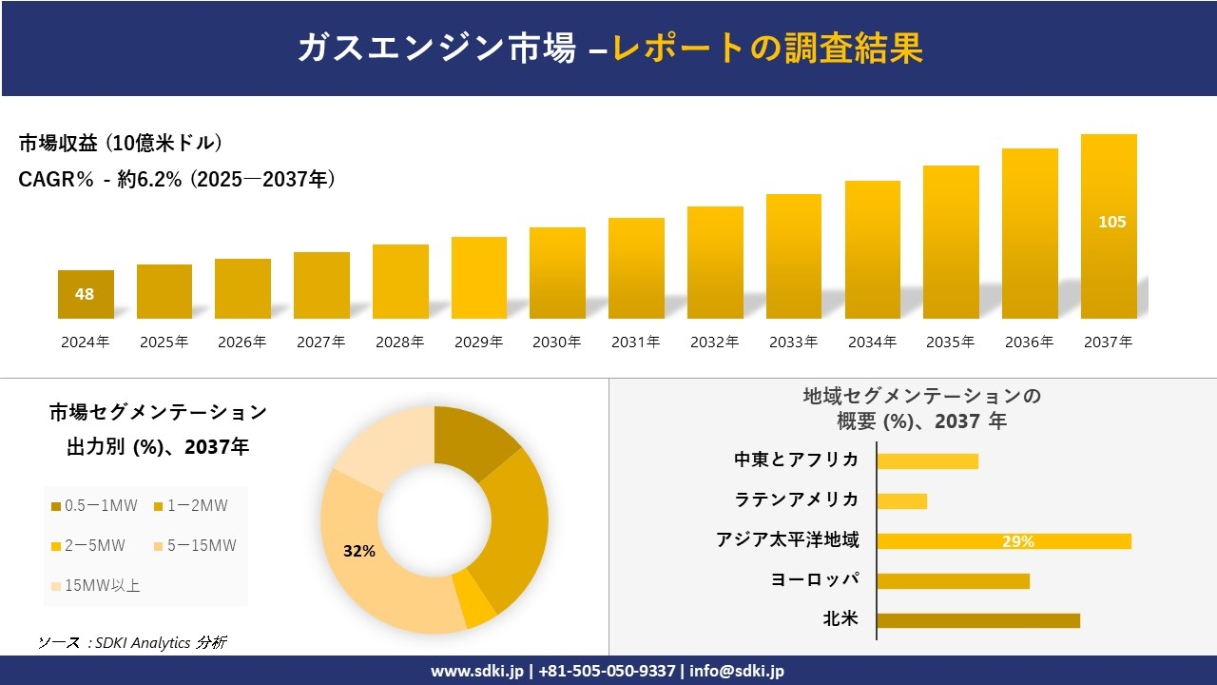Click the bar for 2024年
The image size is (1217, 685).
(x=86, y=294)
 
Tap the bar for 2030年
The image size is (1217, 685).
(x=557, y=273)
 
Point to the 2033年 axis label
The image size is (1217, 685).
(x=793, y=342)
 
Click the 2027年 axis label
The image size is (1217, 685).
(x=320, y=342)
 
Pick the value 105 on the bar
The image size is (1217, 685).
(x=1111, y=222)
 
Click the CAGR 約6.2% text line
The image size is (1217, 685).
(x=177, y=179)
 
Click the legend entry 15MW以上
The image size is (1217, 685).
(x=94, y=585)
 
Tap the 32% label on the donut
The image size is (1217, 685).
(x=359, y=551)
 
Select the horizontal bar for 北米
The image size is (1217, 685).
(x=977, y=620)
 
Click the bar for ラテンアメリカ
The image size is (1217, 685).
(x=901, y=500)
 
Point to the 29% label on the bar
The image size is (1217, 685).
(x=1017, y=541)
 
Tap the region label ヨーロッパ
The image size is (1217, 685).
(x=815, y=579)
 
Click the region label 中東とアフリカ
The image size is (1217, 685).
(x=796, y=460)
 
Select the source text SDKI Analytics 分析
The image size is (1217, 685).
(x=132, y=642)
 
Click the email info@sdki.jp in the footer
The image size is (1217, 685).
(x=738, y=671)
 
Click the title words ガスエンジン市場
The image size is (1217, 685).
(x=436, y=49)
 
